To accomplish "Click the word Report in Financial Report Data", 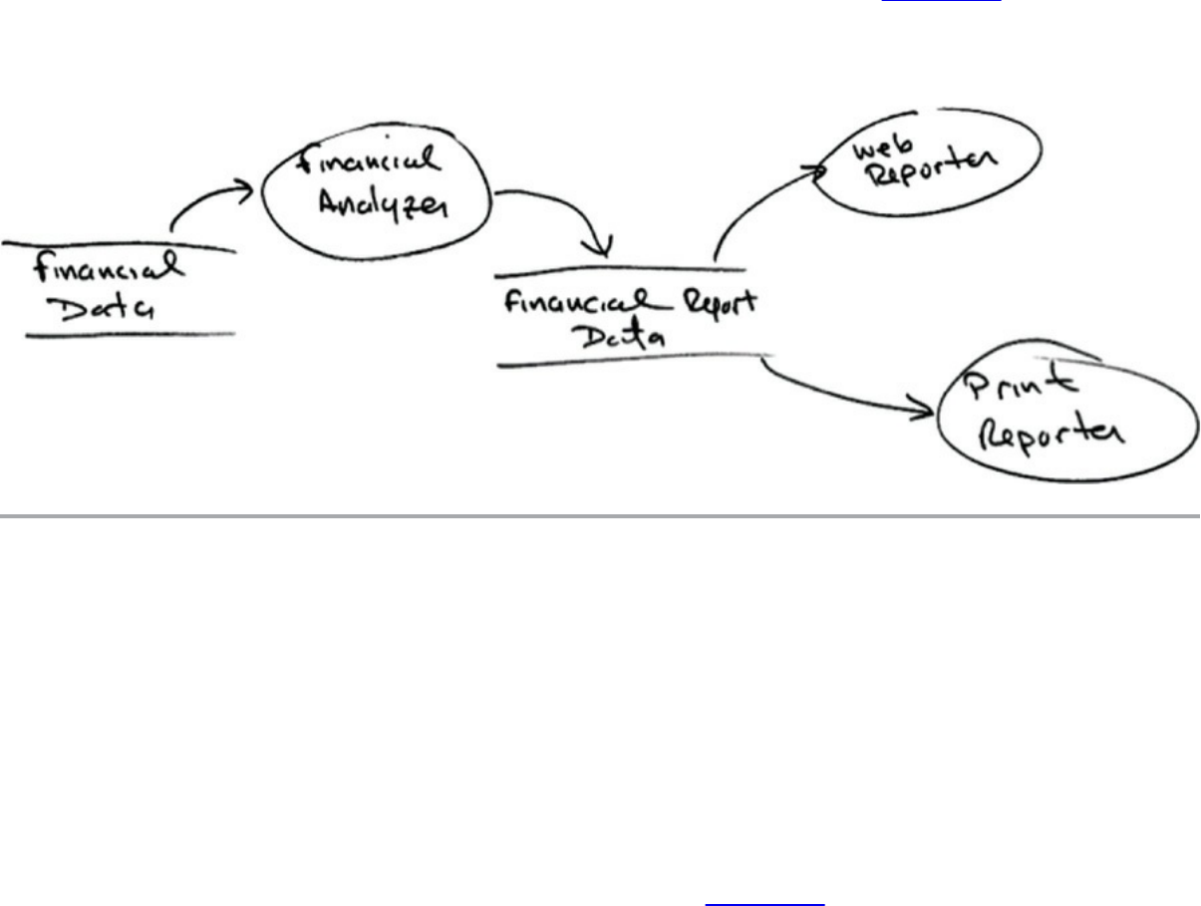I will coord(716,303).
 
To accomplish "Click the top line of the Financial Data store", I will coord(120,246).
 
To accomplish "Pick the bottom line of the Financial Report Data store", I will coord(633,361).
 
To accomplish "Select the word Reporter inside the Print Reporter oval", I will coord(1051,435).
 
